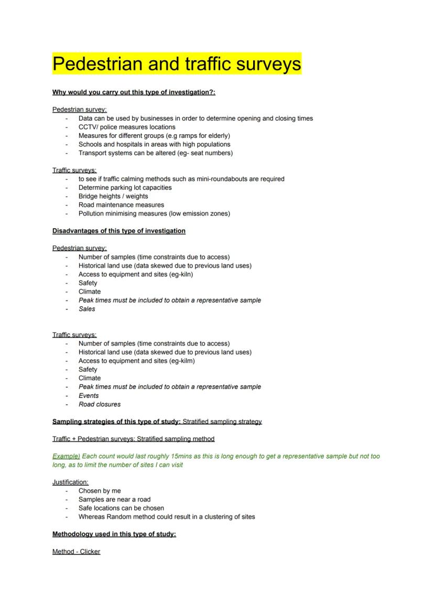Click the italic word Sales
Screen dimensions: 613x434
[87, 309]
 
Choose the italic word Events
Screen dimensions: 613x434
[89, 395]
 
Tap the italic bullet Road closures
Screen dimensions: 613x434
[100, 404]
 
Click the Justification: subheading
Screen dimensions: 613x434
[70, 482]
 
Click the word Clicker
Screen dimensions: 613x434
[90, 552]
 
